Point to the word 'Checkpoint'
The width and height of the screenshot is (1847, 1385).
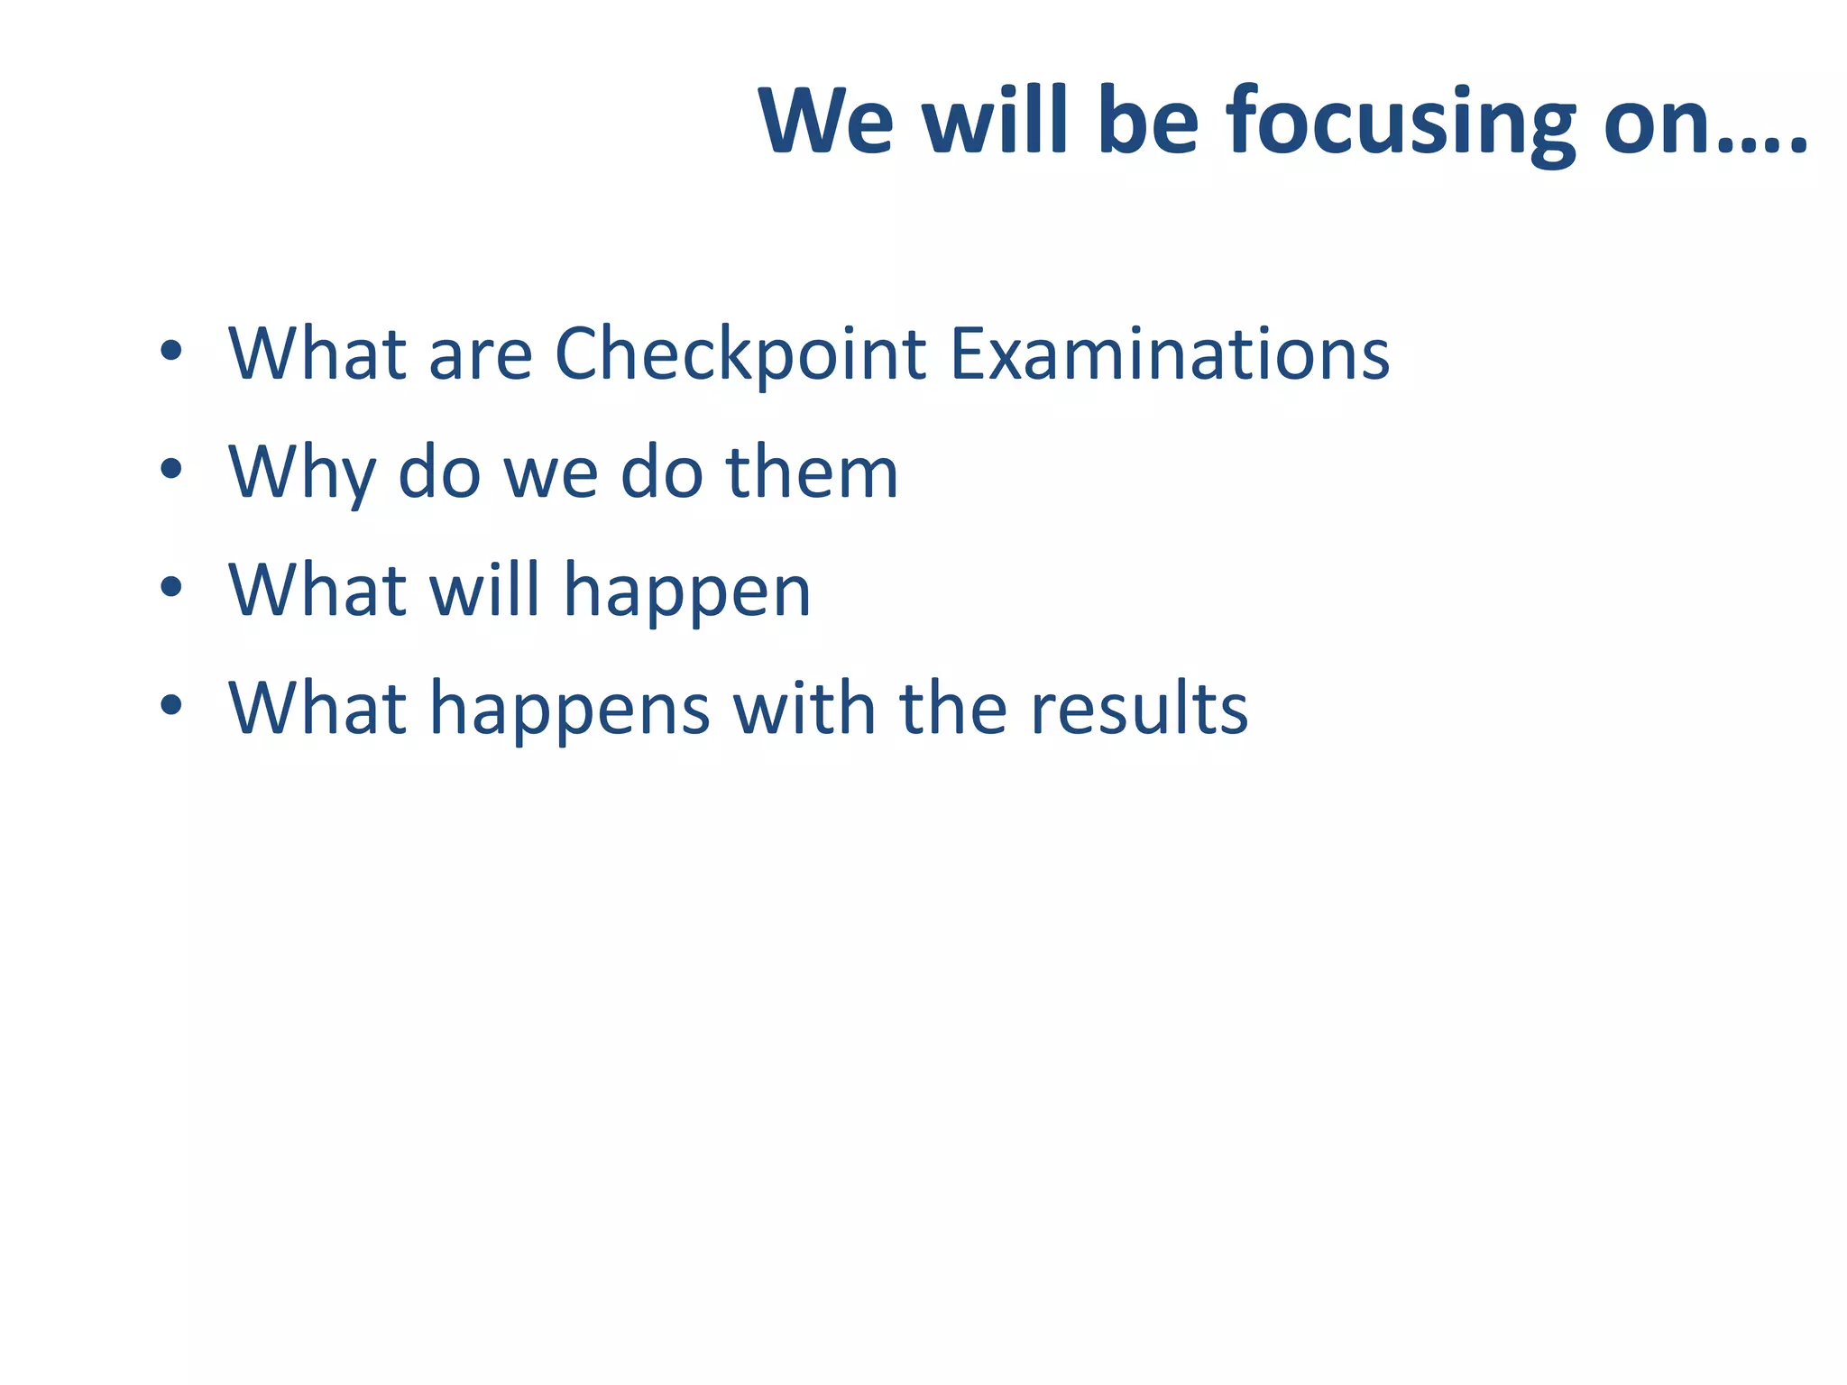pos(740,353)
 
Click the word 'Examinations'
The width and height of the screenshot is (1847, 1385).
pos(1170,353)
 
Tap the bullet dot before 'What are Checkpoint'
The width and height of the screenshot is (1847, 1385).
pos(170,352)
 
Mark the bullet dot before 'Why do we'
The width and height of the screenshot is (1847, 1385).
pos(170,469)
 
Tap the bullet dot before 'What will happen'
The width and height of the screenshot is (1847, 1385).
pos(170,588)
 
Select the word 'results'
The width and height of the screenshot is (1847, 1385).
pos(1139,709)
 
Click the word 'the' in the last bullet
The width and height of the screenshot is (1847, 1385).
pos(952,708)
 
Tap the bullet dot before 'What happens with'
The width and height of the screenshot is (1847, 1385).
pos(170,706)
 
